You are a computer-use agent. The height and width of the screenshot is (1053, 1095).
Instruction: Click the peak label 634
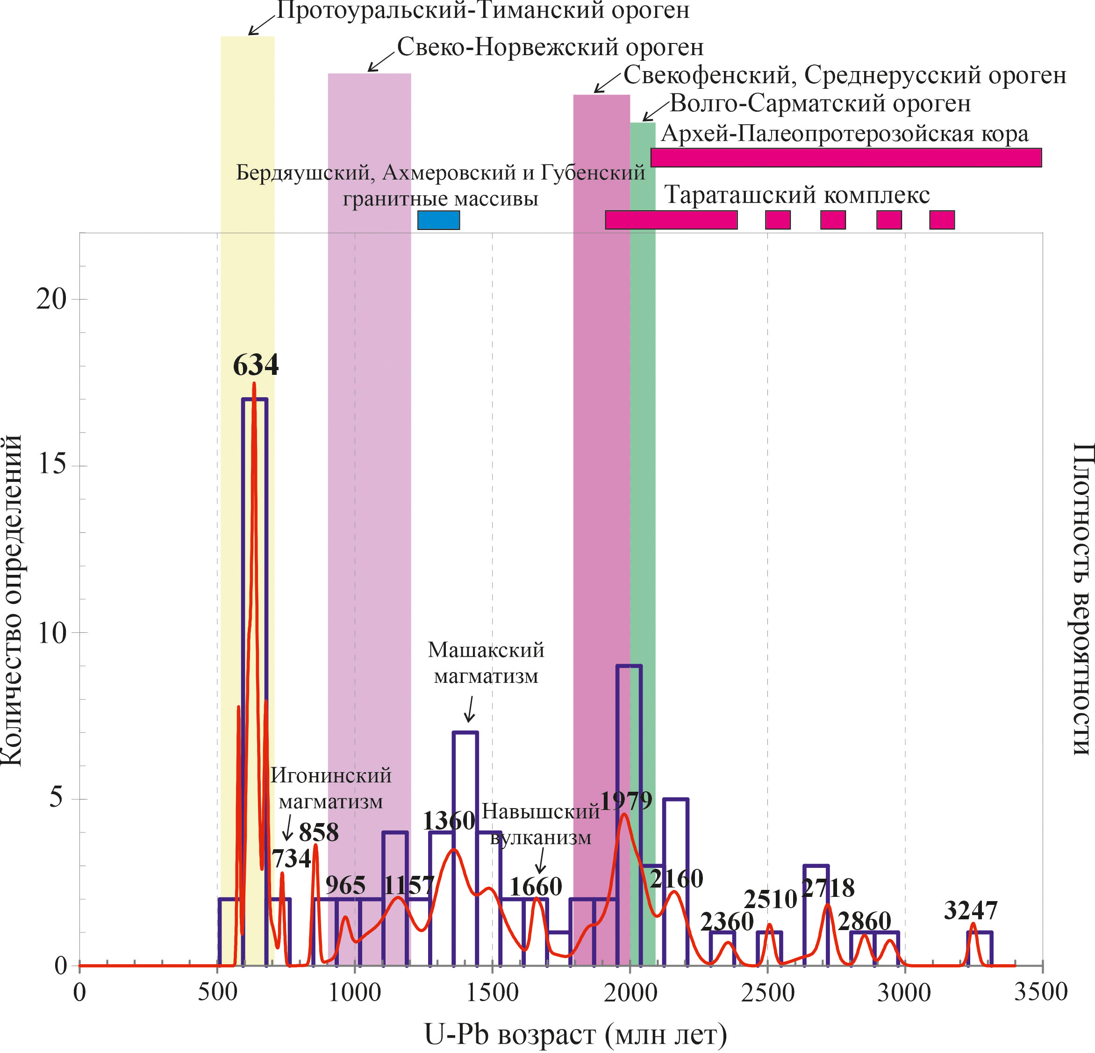pyautogui.click(x=255, y=365)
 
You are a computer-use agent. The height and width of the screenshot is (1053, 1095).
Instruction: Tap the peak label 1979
pyautogui.click(x=626, y=801)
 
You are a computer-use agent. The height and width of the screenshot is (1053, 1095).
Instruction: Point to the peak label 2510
pyautogui.click(x=770, y=899)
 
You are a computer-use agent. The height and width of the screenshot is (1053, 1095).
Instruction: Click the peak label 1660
pyautogui.click(x=535, y=887)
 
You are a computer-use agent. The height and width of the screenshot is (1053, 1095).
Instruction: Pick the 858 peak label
pyautogui.click(x=318, y=832)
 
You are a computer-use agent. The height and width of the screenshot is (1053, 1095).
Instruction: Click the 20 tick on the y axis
pyautogui.click(x=51, y=300)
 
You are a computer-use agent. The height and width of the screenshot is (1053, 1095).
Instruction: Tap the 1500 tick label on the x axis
pyautogui.click(x=492, y=993)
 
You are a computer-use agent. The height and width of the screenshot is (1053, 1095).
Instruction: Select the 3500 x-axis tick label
pyautogui.click(x=1041, y=993)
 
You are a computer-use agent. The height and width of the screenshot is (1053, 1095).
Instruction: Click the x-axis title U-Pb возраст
pyautogui.click(x=575, y=1035)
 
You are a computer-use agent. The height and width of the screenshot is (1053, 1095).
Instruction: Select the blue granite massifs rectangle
pyautogui.click(x=438, y=220)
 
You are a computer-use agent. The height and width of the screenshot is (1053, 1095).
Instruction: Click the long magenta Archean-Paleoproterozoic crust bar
pyautogui.click(x=846, y=158)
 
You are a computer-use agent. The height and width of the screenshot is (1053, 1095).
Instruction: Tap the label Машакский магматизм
pyautogui.click(x=486, y=663)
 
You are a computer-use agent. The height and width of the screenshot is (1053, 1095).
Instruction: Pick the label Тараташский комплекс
pyautogui.click(x=797, y=195)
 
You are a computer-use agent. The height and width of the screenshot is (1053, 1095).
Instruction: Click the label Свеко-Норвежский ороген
pyautogui.click(x=550, y=48)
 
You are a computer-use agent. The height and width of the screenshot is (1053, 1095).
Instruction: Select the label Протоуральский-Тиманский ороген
pyautogui.click(x=483, y=10)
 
